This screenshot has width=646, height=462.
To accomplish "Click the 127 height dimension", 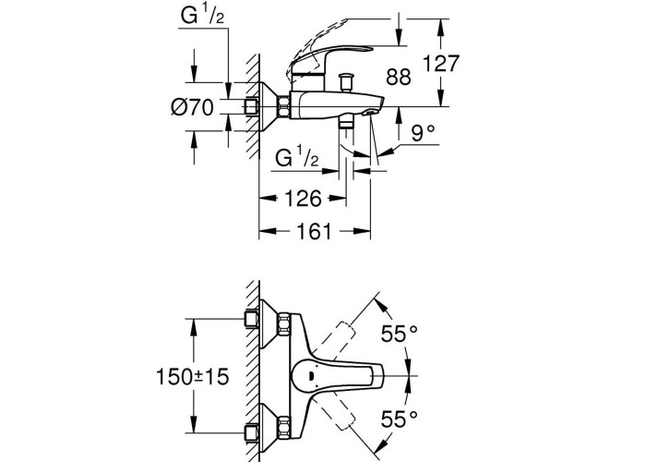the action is click(441, 64).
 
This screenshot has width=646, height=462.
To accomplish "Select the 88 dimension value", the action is click(399, 77).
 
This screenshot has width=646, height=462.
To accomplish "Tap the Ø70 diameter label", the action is click(192, 108).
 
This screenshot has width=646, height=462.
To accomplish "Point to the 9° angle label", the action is click(423, 132).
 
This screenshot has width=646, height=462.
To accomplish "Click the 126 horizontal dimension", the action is click(303, 199).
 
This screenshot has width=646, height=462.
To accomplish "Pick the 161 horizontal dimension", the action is click(314, 231).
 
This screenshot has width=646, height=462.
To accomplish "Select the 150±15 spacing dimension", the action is click(192, 377).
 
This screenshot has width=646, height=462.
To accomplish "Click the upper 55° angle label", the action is click(399, 334).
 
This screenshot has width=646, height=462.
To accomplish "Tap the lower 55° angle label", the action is click(399, 419).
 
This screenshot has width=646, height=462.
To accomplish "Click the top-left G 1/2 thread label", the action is click(202, 16).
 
